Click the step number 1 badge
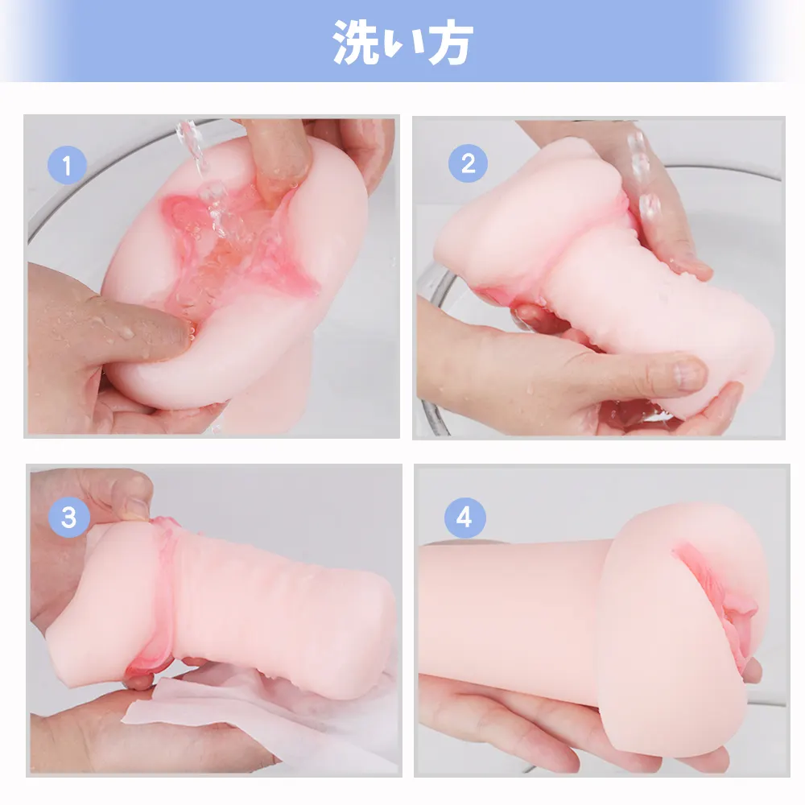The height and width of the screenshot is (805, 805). pyautogui.click(x=67, y=165)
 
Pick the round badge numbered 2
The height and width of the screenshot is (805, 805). pyautogui.click(x=468, y=163)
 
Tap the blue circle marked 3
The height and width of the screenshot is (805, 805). pyautogui.click(x=68, y=517)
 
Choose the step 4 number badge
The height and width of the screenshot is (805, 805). pyautogui.click(x=464, y=518)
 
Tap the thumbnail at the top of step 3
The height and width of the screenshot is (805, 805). pyautogui.click(x=134, y=506)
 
